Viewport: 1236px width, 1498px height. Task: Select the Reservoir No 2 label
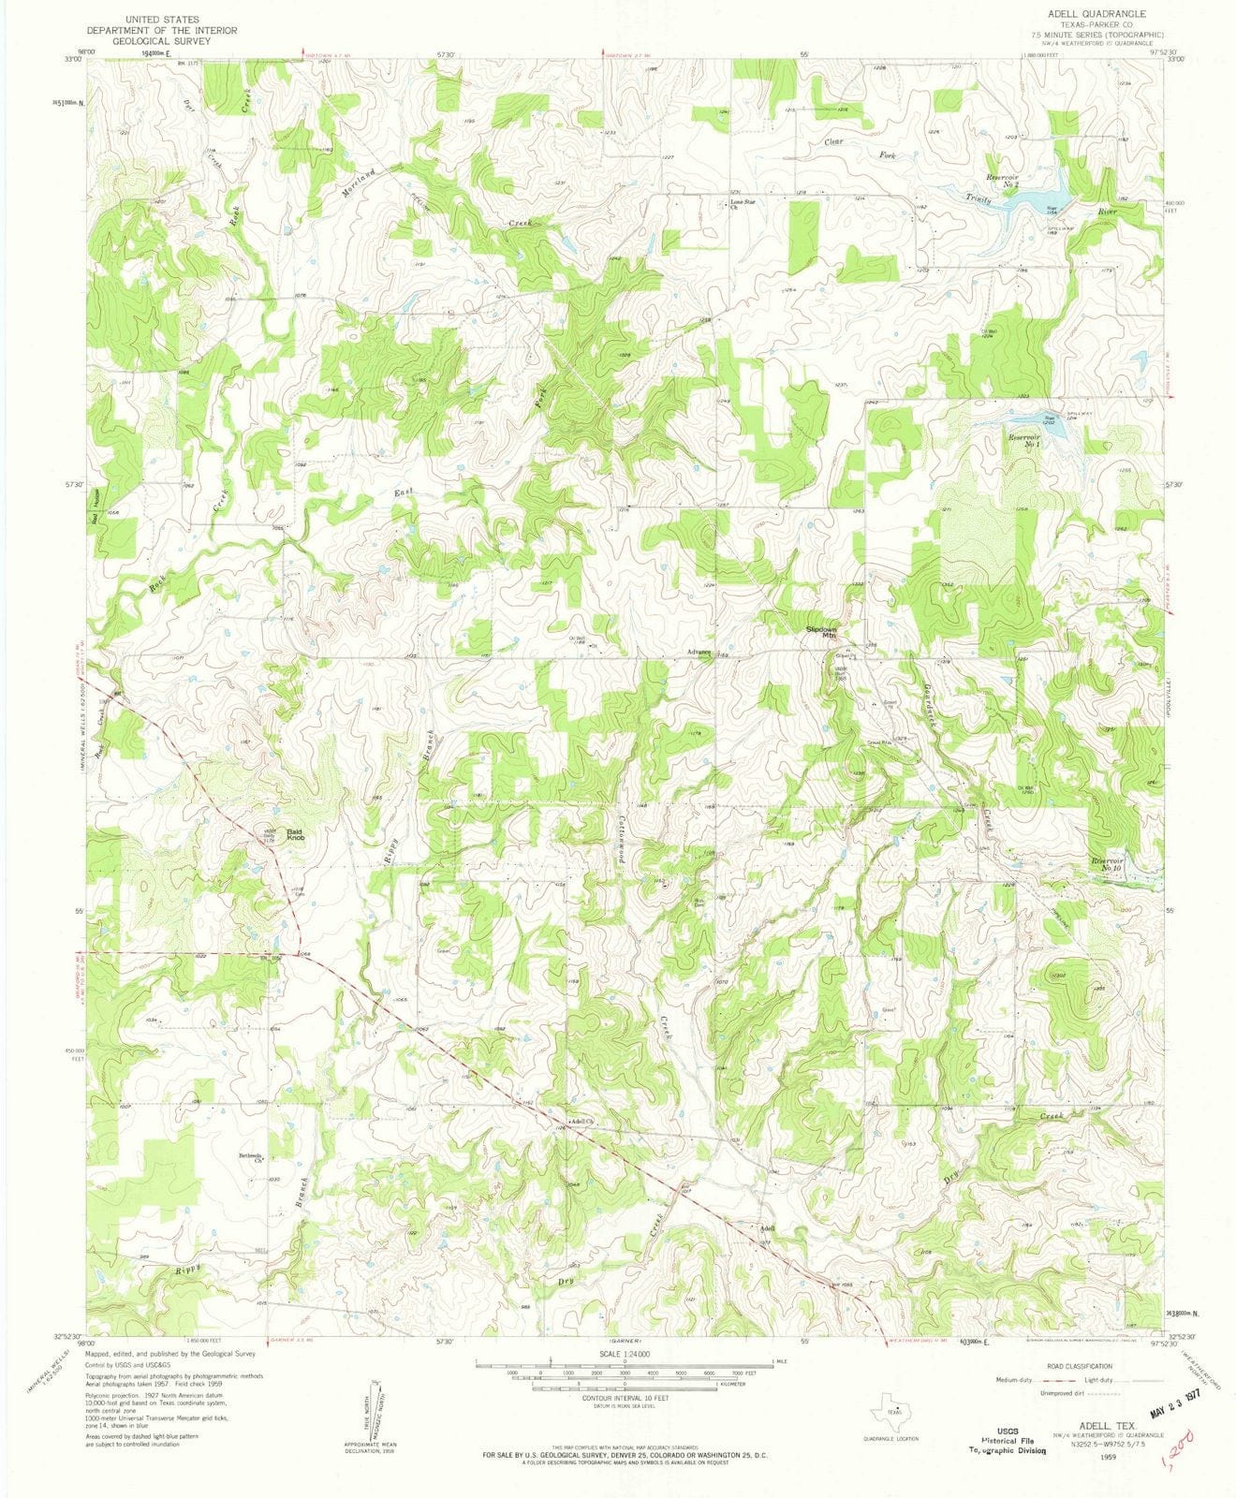(x=1028, y=181)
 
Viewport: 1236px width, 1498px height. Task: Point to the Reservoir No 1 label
(x=1025, y=439)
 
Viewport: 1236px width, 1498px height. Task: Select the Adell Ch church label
(x=583, y=1121)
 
